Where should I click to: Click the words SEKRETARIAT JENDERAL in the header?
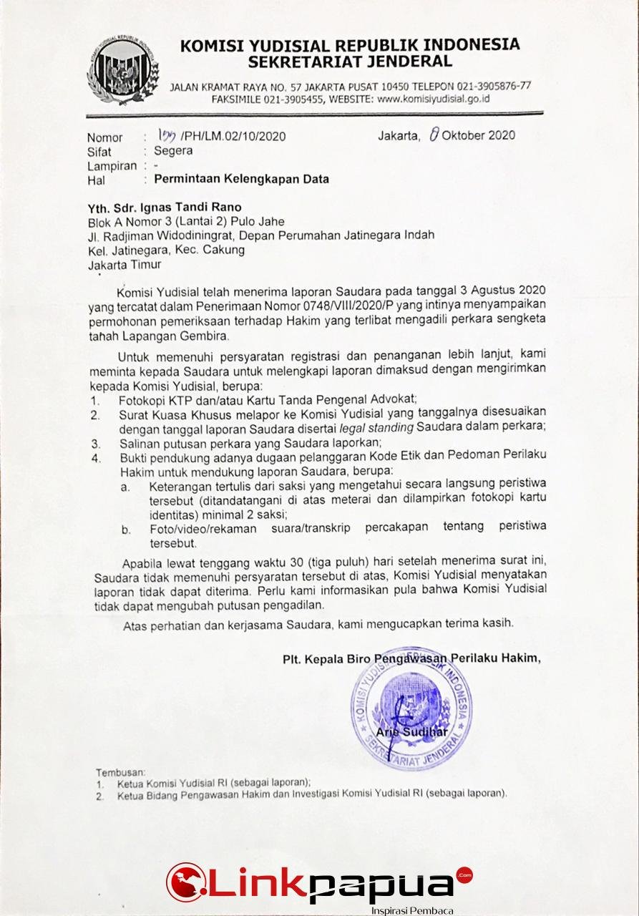pyautogui.click(x=351, y=62)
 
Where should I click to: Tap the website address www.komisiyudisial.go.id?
pyautogui.click(x=433, y=99)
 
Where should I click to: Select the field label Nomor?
pyautogui.click(x=104, y=137)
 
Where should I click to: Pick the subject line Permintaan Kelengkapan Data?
pyautogui.click(x=236, y=179)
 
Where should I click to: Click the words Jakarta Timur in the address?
pyautogui.click(x=125, y=264)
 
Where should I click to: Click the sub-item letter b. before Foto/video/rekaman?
pyautogui.click(x=125, y=530)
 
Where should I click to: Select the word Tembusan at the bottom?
pyautogui.click(x=120, y=772)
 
